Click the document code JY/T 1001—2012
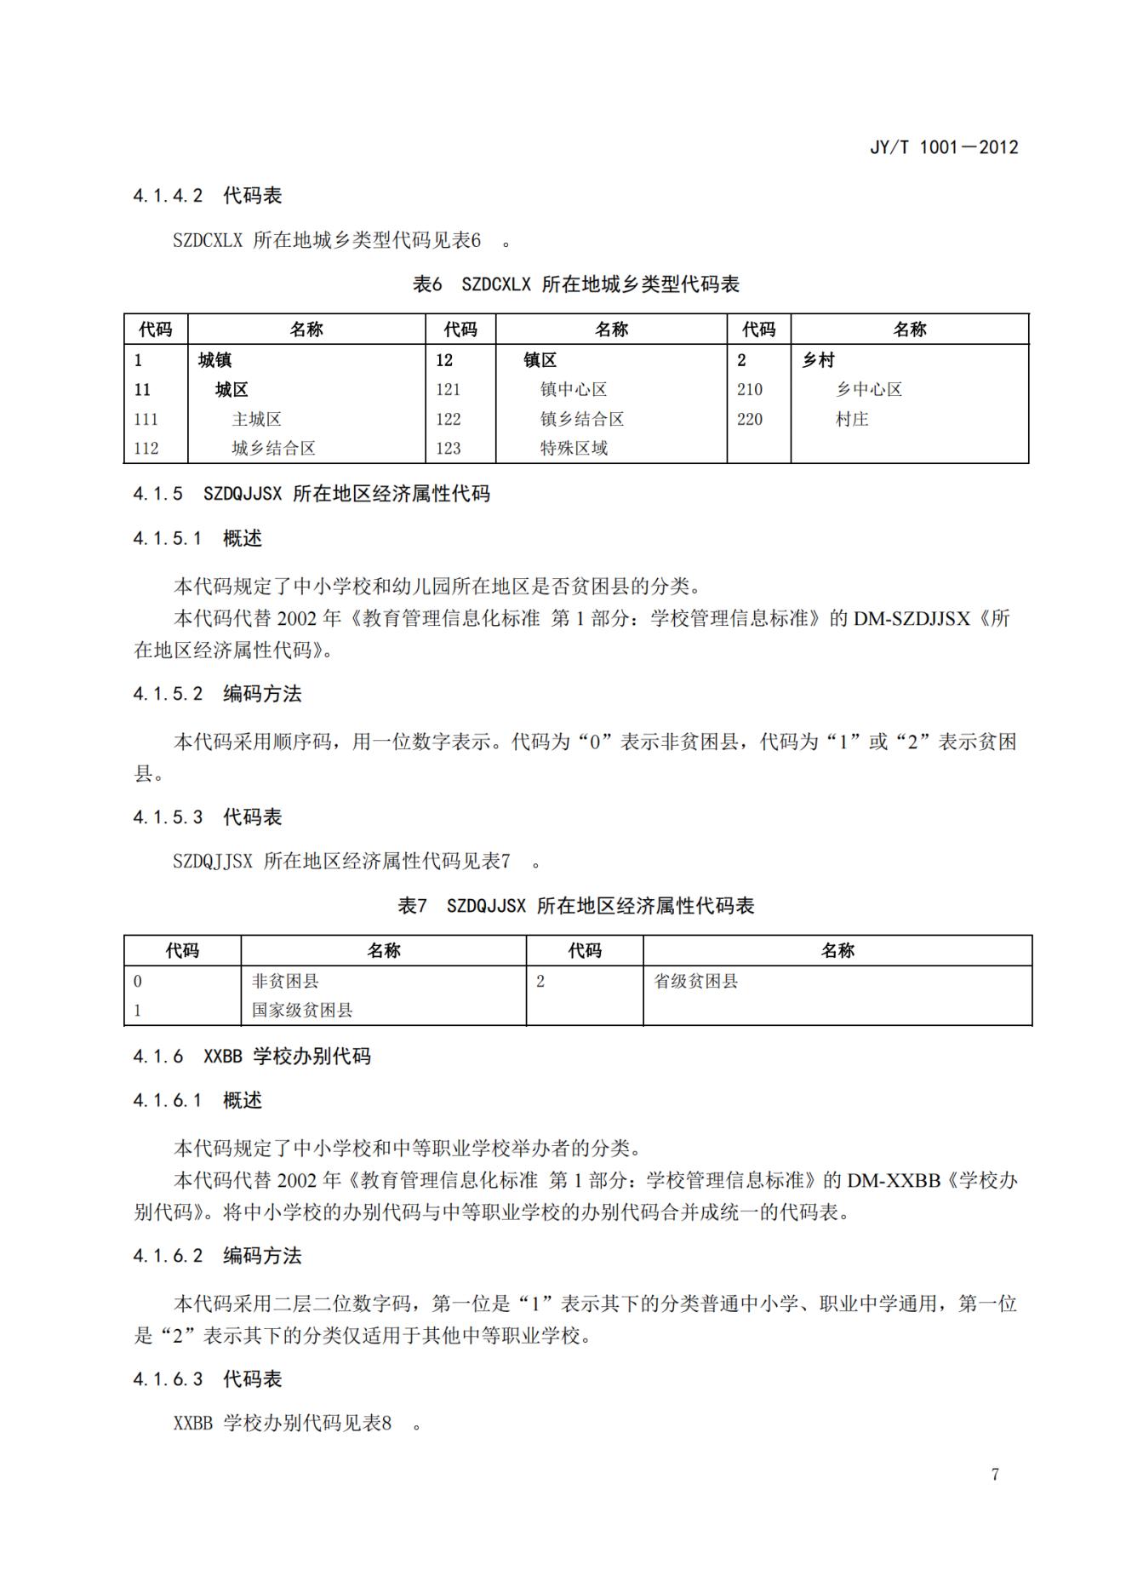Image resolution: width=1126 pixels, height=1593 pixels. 943,147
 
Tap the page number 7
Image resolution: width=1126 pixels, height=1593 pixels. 995,1474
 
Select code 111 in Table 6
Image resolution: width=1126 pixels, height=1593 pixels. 146,419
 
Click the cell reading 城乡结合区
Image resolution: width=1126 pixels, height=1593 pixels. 273,448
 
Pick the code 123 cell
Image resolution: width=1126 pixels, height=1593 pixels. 448,448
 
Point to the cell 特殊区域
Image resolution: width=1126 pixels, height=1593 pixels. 574,448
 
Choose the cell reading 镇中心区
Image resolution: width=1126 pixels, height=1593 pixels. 574,389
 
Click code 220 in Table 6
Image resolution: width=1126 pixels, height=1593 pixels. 750,419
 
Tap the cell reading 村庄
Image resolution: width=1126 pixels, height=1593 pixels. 851,419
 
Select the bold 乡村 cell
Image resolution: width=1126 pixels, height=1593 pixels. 818,360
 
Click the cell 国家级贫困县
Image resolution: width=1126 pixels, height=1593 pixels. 302,1011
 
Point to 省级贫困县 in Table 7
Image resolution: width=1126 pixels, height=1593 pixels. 695,981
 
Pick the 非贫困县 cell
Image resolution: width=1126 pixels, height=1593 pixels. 285,981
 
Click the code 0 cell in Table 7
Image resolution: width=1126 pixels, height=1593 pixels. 138,981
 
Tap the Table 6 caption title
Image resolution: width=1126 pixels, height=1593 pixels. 575,284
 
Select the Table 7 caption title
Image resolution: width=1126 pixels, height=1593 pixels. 575,906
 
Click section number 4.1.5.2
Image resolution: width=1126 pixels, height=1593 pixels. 168,694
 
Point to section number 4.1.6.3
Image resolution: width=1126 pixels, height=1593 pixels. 168,1379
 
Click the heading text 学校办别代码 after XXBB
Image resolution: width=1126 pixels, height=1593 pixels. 312,1057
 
